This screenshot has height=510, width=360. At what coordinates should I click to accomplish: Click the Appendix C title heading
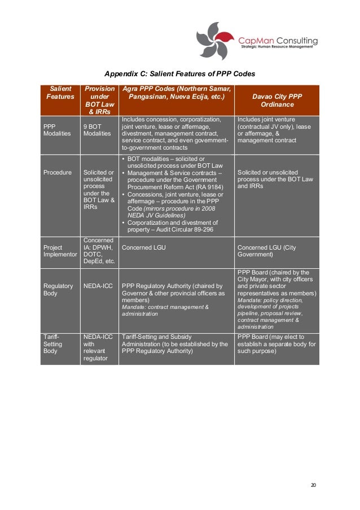click(180, 74)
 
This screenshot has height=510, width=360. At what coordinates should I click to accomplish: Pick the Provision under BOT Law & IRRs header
click(99, 101)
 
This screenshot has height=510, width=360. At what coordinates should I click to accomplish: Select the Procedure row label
click(57, 172)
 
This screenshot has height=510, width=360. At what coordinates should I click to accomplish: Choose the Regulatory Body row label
click(58, 290)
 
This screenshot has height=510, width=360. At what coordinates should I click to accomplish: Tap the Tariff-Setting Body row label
click(51, 343)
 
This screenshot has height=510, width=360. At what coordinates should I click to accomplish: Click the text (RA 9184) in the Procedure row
click(208, 187)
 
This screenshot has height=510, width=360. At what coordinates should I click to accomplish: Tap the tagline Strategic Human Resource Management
click(279, 48)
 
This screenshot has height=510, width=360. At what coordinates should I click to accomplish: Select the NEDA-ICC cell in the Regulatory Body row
click(98, 286)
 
